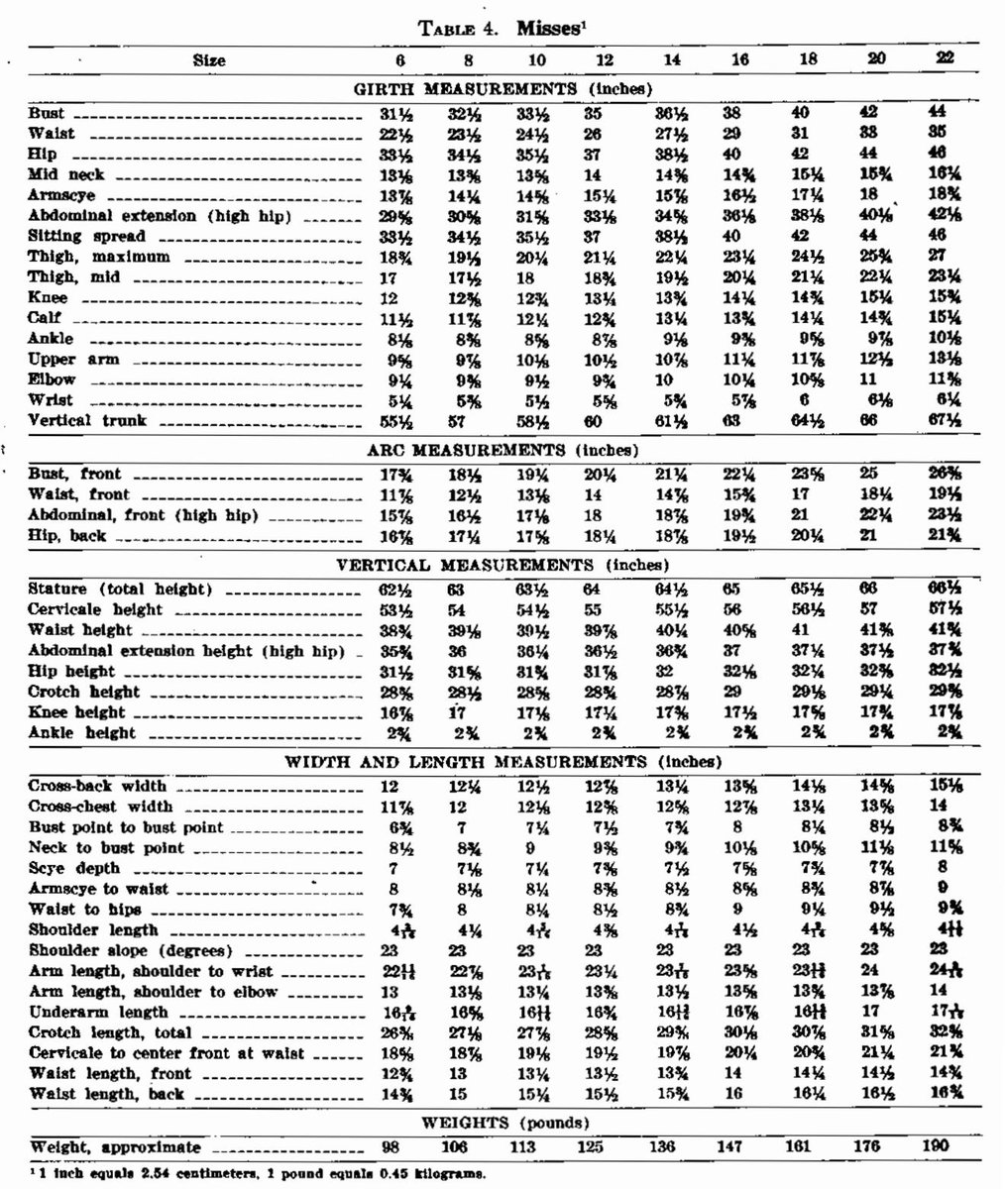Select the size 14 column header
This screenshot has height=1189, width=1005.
pyautogui.click(x=672, y=59)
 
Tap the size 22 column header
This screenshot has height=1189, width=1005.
pyautogui.click(x=945, y=59)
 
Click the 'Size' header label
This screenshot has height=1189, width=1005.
pyautogui.click(x=209, y=60)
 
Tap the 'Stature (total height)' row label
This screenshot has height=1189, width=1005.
pyautogui.click(x=120, y=589)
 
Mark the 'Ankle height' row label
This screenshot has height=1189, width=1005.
pyautogui.click(x=82, y=733)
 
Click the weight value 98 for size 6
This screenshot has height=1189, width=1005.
pyautogui.click(x=394, y=1146)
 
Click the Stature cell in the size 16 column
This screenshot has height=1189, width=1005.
pyautogui.click(x=733, y=589)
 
